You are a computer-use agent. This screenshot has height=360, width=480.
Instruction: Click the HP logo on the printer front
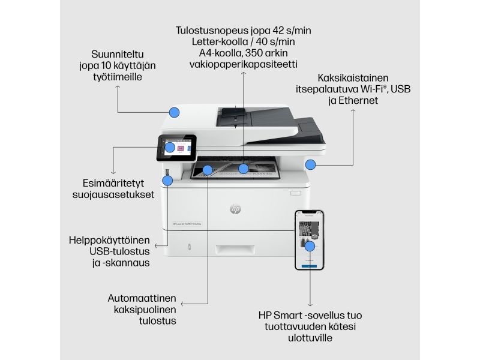tap(235, 208)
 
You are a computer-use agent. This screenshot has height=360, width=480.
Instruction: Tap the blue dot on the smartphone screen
tap(310, 246)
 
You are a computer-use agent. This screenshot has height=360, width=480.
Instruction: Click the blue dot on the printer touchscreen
tap(170, 147)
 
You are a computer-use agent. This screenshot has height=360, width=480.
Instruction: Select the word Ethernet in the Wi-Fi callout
tap(358, 101)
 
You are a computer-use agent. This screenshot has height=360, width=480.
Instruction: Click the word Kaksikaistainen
tap(353, 78)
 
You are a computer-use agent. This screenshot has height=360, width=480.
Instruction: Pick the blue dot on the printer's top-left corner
tap(175, 112)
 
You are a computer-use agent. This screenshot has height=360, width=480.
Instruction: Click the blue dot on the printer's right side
tap(310, 164)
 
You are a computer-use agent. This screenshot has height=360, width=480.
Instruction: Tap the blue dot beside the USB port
tap(169, 179)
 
